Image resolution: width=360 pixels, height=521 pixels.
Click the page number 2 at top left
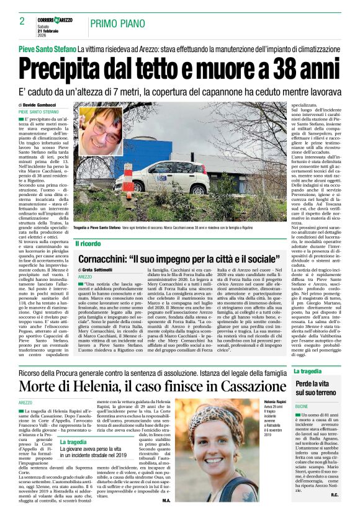[13, 22]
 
